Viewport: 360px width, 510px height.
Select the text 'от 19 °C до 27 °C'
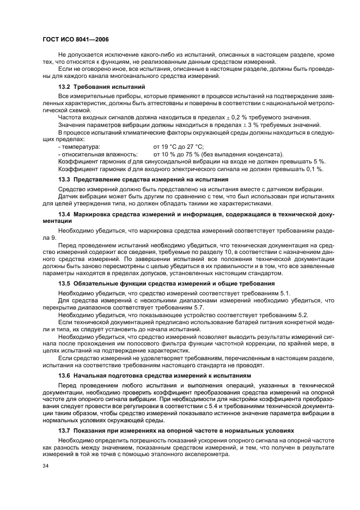point(179,147)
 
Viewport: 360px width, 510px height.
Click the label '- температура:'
point(78,147)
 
